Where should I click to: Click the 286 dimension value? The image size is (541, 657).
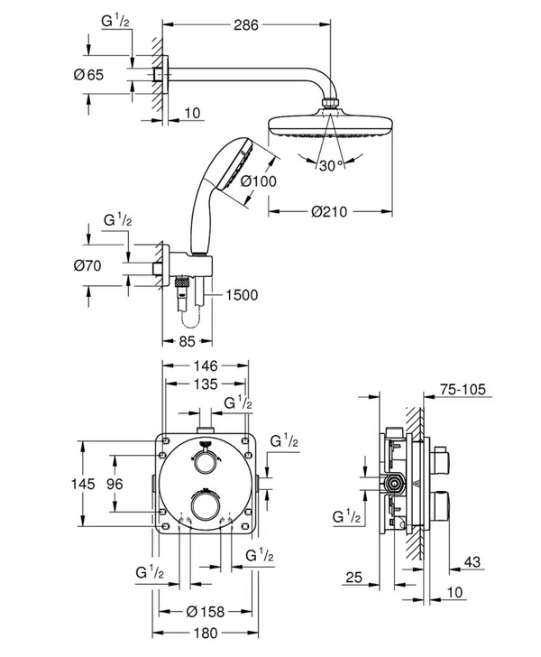click(246, 25)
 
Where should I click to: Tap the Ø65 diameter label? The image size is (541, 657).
click(88, 75)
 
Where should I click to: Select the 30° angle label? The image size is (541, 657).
click(331, 166)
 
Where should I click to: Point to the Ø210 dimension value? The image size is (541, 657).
click(329, 211)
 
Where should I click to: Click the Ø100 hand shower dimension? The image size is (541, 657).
click(259, 181)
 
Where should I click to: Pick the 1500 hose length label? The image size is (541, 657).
click(242, 295)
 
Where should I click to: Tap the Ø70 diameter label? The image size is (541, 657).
click(87, 265)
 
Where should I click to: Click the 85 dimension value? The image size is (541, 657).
click(187, 341)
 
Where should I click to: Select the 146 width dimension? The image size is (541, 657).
click(206, 366)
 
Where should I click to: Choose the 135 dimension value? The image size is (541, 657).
click(206, 384)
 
